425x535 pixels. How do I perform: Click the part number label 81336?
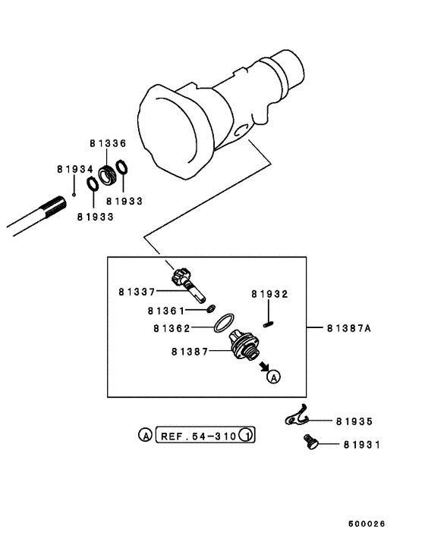[107, 143]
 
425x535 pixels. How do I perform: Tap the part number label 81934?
[74, 169]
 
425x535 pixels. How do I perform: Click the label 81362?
[171, 328]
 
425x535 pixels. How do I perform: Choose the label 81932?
[270, 293]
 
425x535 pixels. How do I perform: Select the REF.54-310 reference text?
[198, 436]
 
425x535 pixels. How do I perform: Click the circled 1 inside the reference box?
[246, 436]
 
